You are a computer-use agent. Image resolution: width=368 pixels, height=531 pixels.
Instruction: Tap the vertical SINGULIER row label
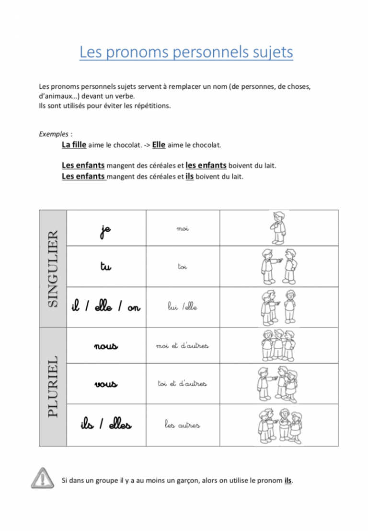(x=53, y=269)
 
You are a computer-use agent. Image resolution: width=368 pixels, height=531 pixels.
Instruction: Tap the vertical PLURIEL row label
(x=53, y=386)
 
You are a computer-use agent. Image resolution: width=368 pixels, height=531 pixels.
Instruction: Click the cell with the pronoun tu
(x=105, y=266)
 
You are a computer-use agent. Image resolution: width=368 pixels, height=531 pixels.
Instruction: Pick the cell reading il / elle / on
(x=106, y=307)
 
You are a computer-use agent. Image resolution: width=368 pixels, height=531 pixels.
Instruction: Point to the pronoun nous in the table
(x=106, y=345)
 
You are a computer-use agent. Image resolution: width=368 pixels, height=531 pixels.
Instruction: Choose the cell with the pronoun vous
(x=106, y=384)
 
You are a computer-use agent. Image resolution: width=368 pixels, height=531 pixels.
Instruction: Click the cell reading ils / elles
(x=106, y=425)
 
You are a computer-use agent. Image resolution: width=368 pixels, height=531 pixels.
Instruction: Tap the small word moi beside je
(x=183, y=229)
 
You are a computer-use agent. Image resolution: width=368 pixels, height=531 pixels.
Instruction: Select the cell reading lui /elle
(x=183, y=307)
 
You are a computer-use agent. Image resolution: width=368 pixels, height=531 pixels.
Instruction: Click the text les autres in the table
(x=183, y=425)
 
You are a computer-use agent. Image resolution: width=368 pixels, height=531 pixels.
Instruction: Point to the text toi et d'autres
(x=183, y=384)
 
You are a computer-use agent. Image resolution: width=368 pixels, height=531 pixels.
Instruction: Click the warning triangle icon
(x=44, y=478)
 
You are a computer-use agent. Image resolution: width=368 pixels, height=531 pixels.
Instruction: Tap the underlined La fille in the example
(x=74, y=144)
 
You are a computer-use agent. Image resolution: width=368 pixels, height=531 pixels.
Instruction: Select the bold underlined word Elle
(x=159, y=144)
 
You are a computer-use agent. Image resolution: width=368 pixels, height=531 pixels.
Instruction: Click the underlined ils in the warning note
(x=287, y=480)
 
